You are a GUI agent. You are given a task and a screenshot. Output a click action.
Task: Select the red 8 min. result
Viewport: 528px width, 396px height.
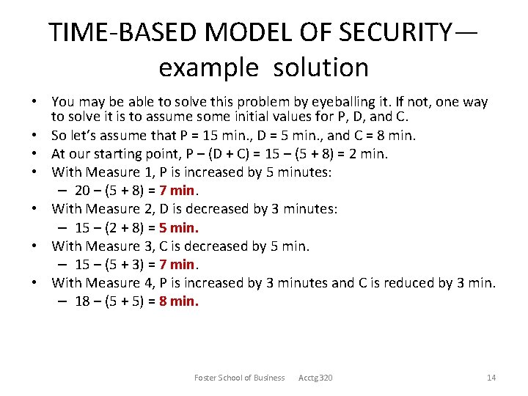click(178, 301)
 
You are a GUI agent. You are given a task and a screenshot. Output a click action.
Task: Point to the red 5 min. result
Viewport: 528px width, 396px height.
click(178, 227)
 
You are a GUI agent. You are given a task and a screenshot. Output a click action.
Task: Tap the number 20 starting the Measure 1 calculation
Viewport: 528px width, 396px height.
click(82, 191)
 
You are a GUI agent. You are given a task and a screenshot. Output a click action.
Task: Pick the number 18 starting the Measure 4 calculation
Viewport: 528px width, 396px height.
click(82, 301)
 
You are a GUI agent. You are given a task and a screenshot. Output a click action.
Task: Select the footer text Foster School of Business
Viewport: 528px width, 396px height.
click(239, 378)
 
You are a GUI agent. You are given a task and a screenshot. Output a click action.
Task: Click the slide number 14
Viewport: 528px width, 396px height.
click(491, 378)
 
